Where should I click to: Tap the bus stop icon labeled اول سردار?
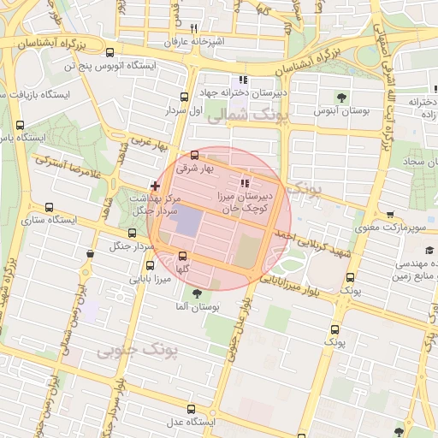185,98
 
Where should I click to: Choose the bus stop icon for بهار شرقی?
194,156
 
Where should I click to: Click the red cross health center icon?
154,185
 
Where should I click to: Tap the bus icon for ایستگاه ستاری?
50,207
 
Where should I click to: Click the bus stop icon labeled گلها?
182,256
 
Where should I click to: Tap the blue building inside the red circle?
187,224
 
